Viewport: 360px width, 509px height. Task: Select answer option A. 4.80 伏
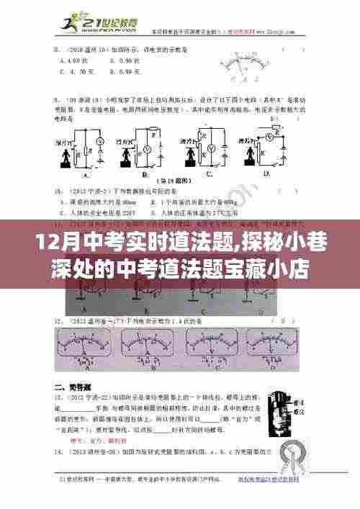(75, 63)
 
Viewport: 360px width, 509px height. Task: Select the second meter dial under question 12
(148, 347)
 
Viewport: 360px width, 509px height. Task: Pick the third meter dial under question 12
(213, 347)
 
